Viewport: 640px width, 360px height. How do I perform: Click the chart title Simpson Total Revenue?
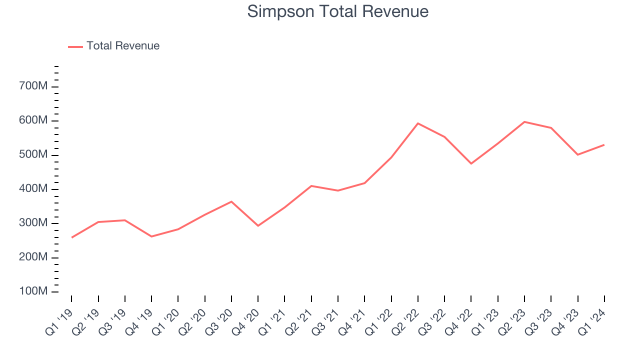pyautogui.click(x=338, y=11)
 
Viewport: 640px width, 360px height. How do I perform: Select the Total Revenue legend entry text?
pyautogui.click(x=123, y=46)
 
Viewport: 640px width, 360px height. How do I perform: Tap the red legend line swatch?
pyautogui.click(x=75, y=46)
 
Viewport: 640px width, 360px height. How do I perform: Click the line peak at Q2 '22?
pyautogui.click(x=418, y=123)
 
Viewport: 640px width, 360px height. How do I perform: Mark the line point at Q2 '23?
pyautogui.click(x=524, y=121)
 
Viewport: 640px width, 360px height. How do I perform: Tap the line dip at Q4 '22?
pyautogui.click(x=471, y=163)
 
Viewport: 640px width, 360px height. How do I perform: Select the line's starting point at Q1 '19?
pyautogui.click(x=71, y=237)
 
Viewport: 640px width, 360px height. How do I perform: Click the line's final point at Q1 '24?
pyautogui.click(x=604, y=145)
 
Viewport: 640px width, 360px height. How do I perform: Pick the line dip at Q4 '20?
pyautogui.click(x=258, y=226)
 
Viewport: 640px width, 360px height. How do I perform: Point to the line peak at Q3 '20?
pyautogui.click(x=231, y=201)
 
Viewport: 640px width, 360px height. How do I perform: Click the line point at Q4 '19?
pyautogui.click(x=151, y=236)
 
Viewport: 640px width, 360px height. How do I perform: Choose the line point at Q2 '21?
pyautogui.click(x=311, y=186)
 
